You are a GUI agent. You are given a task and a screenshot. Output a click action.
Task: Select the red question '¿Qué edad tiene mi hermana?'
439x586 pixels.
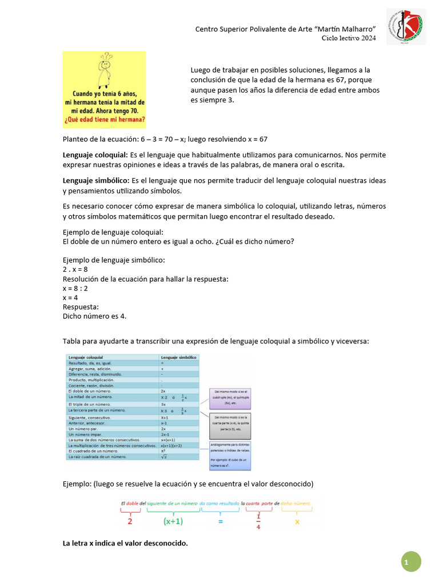coord(105,120)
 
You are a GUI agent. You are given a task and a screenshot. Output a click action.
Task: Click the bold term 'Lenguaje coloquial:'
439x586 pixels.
coord(95,155)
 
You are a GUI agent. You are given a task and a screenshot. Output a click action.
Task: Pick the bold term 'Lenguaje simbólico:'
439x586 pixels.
coord(96,181)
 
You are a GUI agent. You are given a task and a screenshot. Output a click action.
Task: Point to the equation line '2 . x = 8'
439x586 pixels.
coord(75,270)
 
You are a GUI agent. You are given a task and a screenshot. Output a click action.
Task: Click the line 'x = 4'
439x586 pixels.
coord(70,298)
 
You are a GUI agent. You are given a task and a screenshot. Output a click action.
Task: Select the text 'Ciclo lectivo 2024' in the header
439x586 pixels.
coord(348,38)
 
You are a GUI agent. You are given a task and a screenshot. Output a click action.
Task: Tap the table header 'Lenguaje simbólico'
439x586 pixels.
coord(179,357)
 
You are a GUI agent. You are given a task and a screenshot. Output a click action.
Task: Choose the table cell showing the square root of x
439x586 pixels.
coord(164,456)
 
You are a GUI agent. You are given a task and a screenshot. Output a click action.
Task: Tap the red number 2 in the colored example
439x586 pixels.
coord(130,521)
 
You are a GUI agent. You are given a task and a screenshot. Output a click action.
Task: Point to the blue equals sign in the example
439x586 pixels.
coord(219,521)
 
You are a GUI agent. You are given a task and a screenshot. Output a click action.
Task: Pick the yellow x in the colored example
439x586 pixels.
coord(297,521)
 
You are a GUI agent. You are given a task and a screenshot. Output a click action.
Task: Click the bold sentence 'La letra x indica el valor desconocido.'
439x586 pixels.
coord(125,543)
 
